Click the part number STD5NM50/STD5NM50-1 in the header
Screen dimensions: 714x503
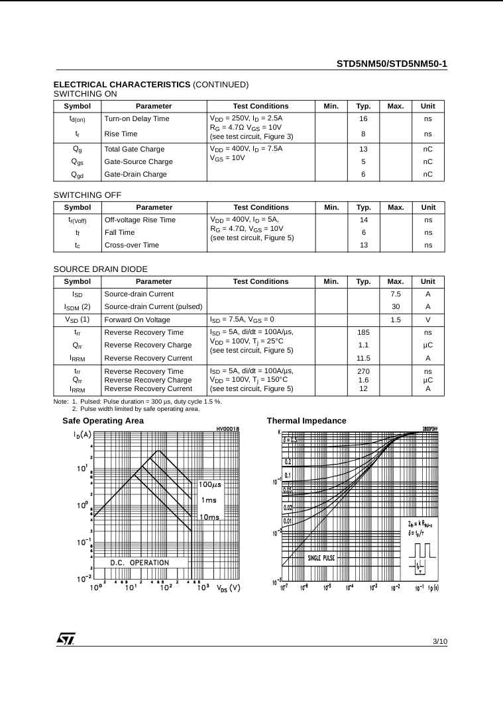pyautogui.click(x=392, y=64)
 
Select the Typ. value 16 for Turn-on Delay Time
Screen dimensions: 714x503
pyautogui.click(x=363, y=119)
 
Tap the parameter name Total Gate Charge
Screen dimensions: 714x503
pyautogui.click(x=135, y=149)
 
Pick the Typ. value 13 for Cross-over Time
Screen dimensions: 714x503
pyautogui.click(x=363, y=245)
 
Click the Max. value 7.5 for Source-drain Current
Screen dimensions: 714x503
pyautogui.click(x=396, y=294)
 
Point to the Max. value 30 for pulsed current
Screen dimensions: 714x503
pyautogui.click(x=396, y=306)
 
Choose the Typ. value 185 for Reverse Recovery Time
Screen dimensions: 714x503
pyautogui.click(x=363, y=332)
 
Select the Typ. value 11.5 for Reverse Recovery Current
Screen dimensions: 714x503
pyautogui.click(x=363, y=358)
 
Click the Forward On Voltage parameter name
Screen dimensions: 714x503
pyautogui.click(x=138, y=320)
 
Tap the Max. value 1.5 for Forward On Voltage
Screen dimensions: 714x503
pyautogui.click(x=396, y=320)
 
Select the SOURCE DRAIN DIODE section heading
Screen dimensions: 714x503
pyautogui.click(x=100, y=269)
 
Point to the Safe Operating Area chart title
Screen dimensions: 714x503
pyautogui.click(x=103, y=421)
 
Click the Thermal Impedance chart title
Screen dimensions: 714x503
pyautogui.click(x=306, y=421)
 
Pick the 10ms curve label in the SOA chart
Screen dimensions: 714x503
pyautogui.click(x=209, y=517)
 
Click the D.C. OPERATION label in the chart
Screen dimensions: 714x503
pyautogui.click(x=139, y=562)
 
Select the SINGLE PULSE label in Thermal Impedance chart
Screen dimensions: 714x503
pyautogui.click(x=321, y=558)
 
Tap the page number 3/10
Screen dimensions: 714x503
pyautogui.click(x=440, y=641)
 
